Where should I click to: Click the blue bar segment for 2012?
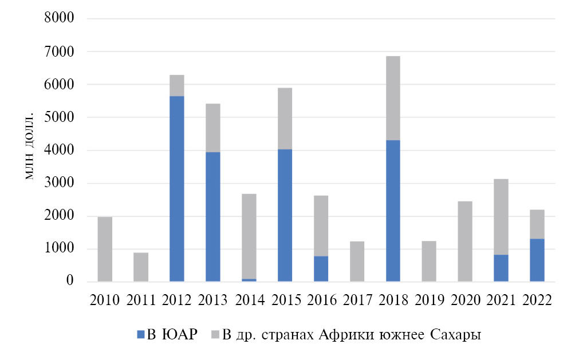(x=176, y=189)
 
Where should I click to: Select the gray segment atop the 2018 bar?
(x=393, y=98)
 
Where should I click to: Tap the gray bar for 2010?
(x=105, y=249)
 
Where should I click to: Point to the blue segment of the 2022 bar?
(x=537, y=260)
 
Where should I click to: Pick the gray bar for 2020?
(x=464, y=241)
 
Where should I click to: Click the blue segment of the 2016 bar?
(x=321, y=268)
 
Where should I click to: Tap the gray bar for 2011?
(x=141, y=267)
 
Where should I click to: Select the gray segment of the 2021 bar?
(x=501, y=217)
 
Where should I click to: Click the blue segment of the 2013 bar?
(x=212, y=216)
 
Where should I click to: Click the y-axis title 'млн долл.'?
(x=30, y=148)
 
